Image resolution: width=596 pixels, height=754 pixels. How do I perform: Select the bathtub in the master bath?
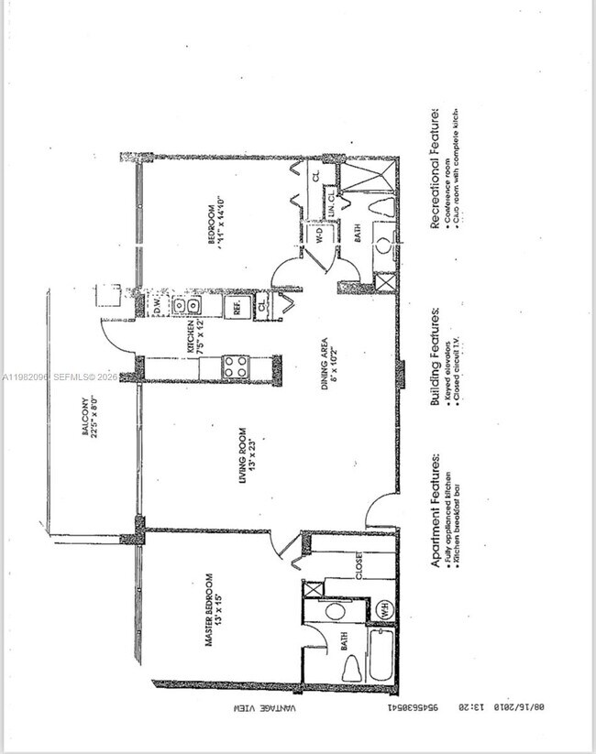381,654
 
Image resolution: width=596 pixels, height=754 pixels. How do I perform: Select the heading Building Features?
436,356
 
